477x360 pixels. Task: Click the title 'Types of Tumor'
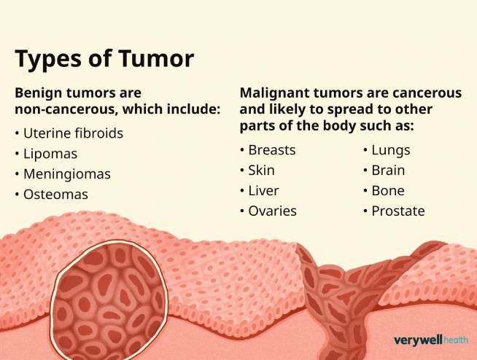click(x=105, y=58)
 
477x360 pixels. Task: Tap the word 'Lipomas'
click(x=50, y=154)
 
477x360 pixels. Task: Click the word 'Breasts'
click(x=272, y=151)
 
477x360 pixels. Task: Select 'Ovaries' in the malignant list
click(x=273, y=211)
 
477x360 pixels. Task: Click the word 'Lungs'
click(x=391, y=151)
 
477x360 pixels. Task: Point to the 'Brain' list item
click(x=388, y=171)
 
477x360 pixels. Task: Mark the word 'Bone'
click(x=388, y=190)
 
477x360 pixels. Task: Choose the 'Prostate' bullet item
click(x=398, y=211)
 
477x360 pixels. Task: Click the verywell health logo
click(x=430, y=340)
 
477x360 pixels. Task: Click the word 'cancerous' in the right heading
click(x=427, y=93)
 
